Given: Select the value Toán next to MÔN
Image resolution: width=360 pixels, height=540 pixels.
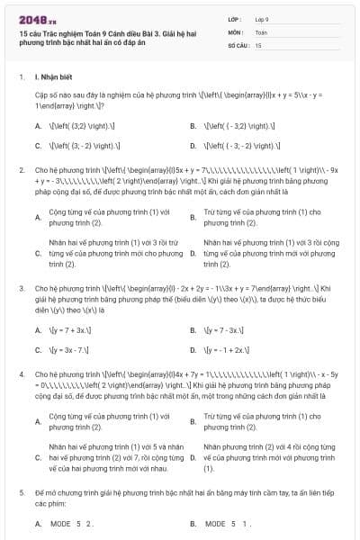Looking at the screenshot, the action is coord(261,31).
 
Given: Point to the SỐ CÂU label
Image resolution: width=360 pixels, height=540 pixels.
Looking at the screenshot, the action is coord(237,43).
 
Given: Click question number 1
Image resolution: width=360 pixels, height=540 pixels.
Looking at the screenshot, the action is coord(21,77).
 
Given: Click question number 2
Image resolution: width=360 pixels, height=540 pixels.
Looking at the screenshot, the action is coord(21,168).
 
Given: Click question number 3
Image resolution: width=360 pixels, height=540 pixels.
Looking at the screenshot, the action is coord(21,288).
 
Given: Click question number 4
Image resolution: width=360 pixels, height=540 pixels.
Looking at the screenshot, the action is coord(21,372).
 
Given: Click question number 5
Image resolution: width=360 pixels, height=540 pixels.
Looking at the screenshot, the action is coord(21,493).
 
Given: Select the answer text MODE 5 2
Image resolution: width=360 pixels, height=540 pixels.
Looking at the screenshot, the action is coord(72,523).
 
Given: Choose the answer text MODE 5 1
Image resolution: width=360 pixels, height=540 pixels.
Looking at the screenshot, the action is coord(227,523).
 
